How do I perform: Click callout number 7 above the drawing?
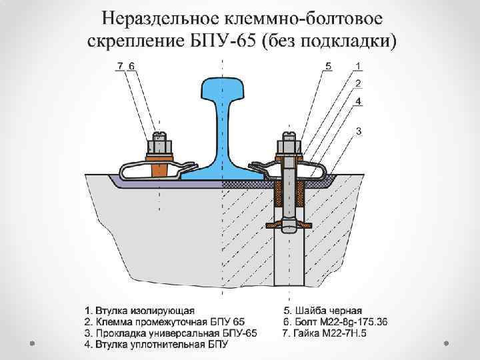coord(119,65)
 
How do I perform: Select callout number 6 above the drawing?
coord(131,65)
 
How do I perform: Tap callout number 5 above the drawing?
coord(328,65)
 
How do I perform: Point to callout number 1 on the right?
coord(359,65)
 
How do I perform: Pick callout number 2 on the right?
coord(359,83)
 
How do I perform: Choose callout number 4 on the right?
coord(359,101)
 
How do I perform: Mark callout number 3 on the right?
coord(359,131)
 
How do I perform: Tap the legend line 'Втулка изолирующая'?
coord(144,310)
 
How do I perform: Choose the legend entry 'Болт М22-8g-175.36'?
coord(338,321)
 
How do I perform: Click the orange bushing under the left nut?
coord(160,169)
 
